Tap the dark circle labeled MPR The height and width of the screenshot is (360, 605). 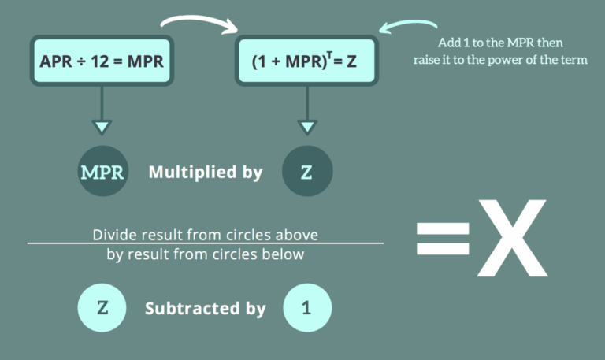click(x=102, y=172)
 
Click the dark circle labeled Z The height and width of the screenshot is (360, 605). click(x=307, y=172)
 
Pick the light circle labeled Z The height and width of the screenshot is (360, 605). click(x=102, y=306)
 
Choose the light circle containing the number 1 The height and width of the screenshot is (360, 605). click(x=307, y=306)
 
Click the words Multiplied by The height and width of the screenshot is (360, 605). click(x=205, y=172)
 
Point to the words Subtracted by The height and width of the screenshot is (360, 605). click(x=205, y=308)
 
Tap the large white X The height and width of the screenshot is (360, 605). click(x=511, y=237)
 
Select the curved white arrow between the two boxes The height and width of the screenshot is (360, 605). click(x=201, y=18)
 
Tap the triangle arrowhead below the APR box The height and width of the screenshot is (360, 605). click(x=102, y=126)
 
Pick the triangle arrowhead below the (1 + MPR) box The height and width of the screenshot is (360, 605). click(x=307, y=126)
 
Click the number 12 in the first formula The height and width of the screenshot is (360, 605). click(x=106, y=61)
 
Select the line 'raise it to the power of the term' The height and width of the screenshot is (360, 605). click(x=500, y=60)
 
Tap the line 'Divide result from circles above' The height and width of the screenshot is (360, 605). click(x=206, y=235)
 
